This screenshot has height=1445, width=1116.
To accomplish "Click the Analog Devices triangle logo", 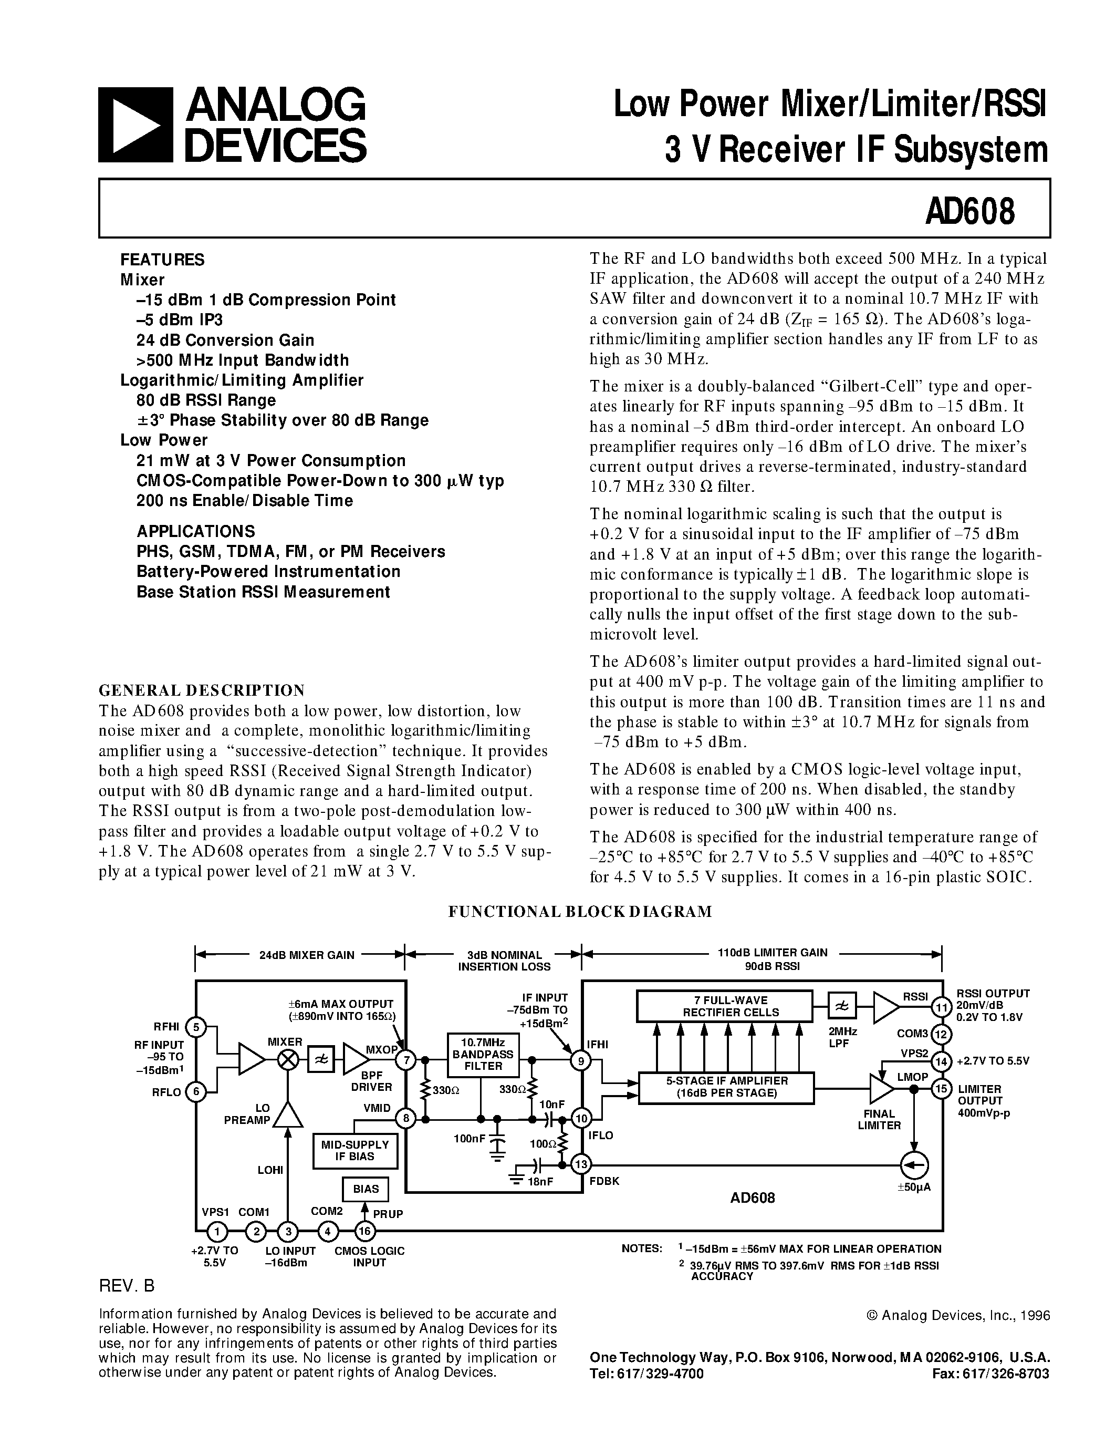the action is (135, 125).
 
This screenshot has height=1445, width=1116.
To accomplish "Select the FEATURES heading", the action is (162, 260).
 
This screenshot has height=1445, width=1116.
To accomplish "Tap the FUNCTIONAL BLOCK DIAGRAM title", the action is (580, 912).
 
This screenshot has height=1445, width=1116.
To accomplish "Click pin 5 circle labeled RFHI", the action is (196, 1027).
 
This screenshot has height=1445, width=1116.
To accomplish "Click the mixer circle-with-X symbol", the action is (288, 1059).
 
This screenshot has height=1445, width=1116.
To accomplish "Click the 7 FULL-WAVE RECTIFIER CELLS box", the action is (724, 1006).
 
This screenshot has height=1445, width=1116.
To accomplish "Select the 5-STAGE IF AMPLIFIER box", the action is (726, 1088).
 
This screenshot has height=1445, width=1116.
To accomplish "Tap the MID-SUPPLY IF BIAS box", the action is (355, 1151).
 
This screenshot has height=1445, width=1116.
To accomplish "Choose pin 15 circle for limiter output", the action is (941, 1088).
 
